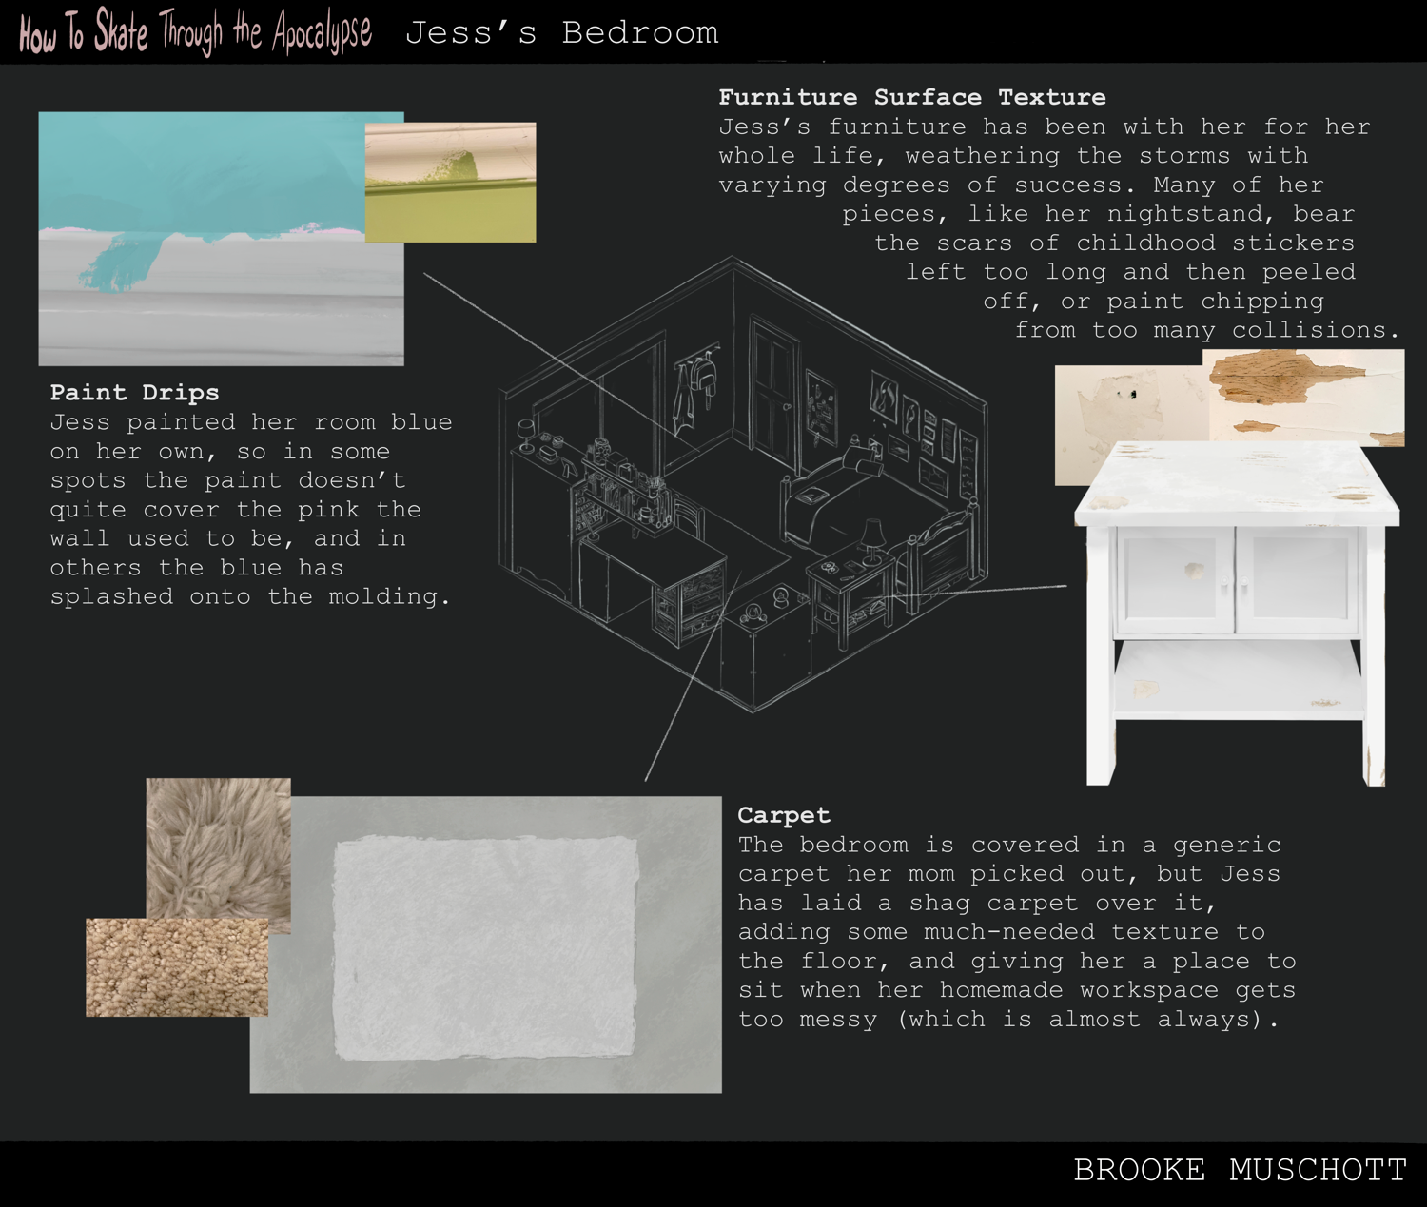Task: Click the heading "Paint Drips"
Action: pos(134,393)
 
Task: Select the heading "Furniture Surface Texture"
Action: pos(912,97)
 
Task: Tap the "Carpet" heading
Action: pos(784,815)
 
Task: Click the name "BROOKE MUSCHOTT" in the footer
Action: pos(1240,1171)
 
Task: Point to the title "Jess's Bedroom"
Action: pos(562,33)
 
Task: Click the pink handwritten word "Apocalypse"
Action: pos(322,33)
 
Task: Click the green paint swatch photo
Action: pos(450,183)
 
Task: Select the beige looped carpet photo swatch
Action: pos(177,967)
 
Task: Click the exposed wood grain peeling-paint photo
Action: pos(1302,398)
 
